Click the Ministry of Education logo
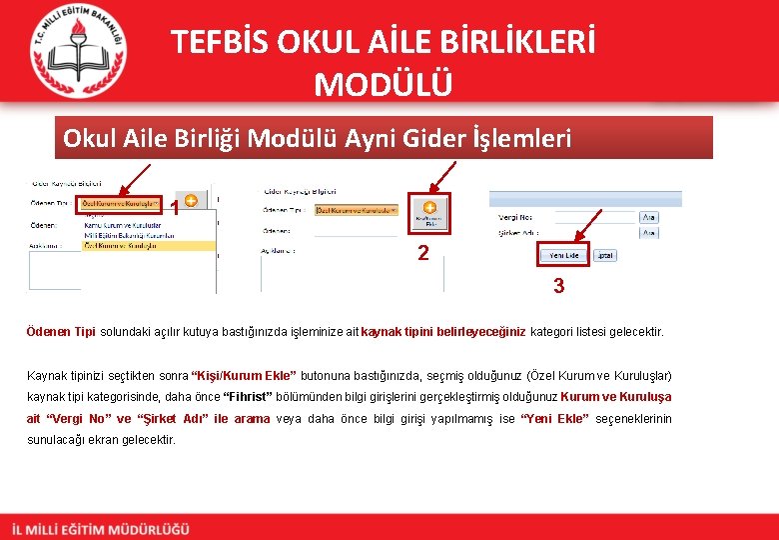point(77,51)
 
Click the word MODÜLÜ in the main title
point(383,84)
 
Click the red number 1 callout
point(175,209)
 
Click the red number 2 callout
point(423,253)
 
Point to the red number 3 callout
point(558,286)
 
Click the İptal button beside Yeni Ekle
point(604,255)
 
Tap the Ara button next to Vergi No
point(648,216)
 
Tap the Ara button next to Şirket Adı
point(648,233)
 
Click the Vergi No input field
point(593,216)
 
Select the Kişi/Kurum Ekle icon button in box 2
point(429,213)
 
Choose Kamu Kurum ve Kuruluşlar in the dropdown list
point(120,225)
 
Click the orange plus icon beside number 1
point(190,201)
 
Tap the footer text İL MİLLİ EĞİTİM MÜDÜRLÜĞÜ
point(100,529)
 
